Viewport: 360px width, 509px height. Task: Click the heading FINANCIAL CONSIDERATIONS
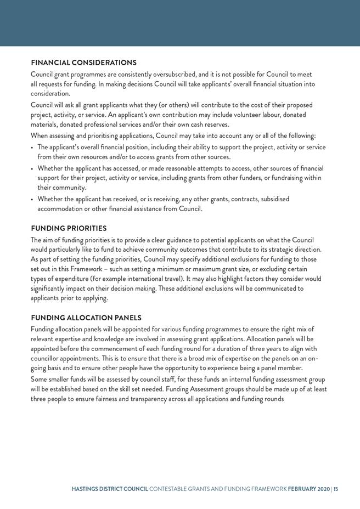click(x=83, y=63)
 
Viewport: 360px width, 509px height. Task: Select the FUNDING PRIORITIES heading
click(x=69, y=228)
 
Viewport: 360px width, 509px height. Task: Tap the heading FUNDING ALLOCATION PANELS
click(x=86, y=318)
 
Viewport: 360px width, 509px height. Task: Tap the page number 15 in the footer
click(x=335, y=488)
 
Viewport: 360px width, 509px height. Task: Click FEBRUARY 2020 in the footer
click(x=308, y=488)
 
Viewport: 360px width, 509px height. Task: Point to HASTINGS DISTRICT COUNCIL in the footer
click(x=110, y=488)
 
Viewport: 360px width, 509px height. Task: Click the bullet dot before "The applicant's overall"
click(x=32, y=148)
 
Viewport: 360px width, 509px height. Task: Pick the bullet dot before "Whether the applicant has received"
click(x=32, y=199)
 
